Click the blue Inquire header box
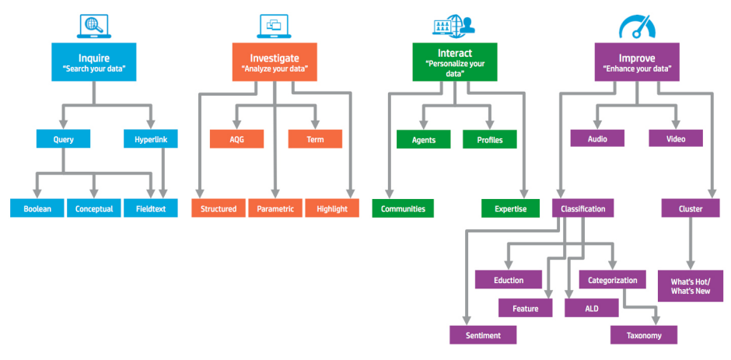click(x=94, y=63)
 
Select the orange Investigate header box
click(x=275, y=63)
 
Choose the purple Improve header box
click(x=636, y=63)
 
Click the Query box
click(x=64, y=140)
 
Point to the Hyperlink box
click(x=151, y=140)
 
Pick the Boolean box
click(x=37, y=208)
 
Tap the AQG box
click(x=236, y=139)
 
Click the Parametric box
click(x=275, y=208)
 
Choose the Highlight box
click(x=332, y=208)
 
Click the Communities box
click(x=402, y=208)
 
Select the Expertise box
click(x=510, y=208)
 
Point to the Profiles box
click(x=489, y=140)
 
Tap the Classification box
click(x=583, y=208)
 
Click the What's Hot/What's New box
click(x=690, y=285)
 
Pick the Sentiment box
click(x=484, y=335)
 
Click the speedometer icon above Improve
click(x=637, y=26)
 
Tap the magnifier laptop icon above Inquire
click(x=95, y=26)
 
